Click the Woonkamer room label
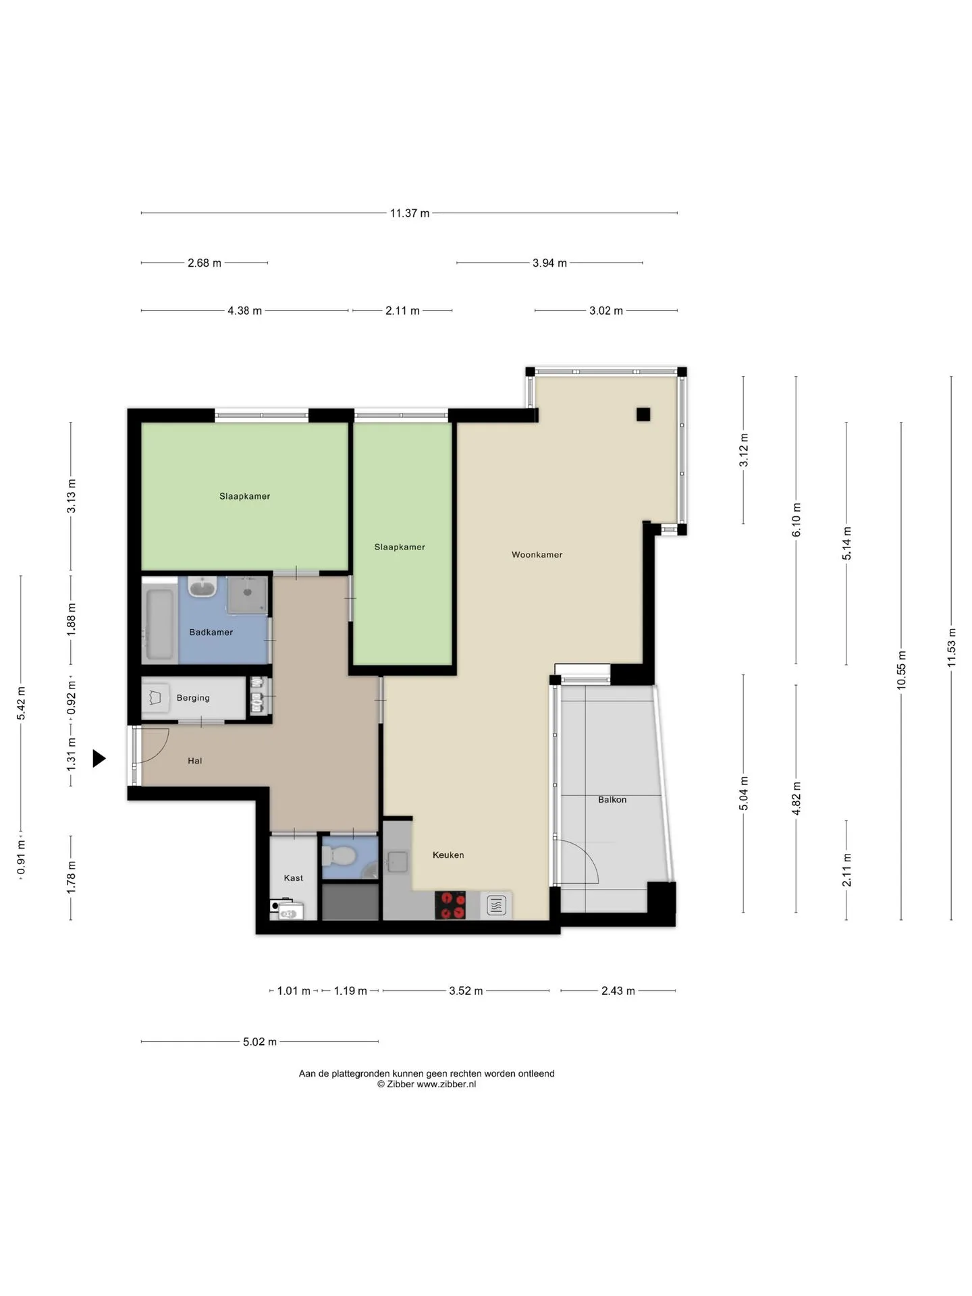click(537, 555)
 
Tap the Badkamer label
click(211, 632)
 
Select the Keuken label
click(448, 855)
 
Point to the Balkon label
click(612, 800)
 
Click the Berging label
click(193, 698)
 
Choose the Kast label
click(294, 878)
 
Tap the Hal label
click(195, 761)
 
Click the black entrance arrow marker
click(99, 759)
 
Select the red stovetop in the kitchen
click(450, 905)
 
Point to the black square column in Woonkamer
click(643, 414)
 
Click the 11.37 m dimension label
click(410, 213)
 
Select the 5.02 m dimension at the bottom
click(260, 1042)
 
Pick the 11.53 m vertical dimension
click(952, 648)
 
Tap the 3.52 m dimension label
click(466, 991)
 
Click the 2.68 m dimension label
click(205, 263)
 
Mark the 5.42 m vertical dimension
click(21, 703)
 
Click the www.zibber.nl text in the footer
click(446, 1084)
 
